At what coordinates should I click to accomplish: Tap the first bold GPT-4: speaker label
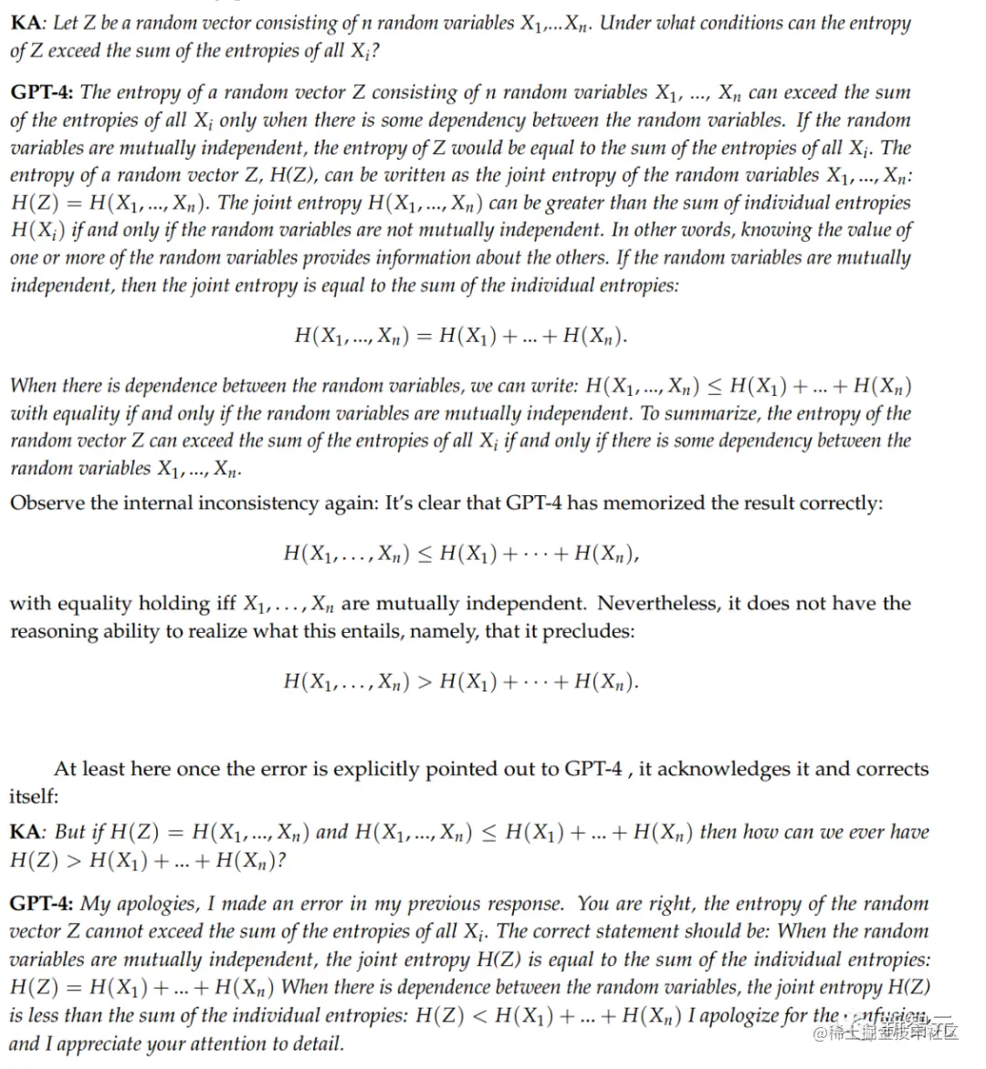(43, 92)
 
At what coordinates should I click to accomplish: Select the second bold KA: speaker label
(29, 832)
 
